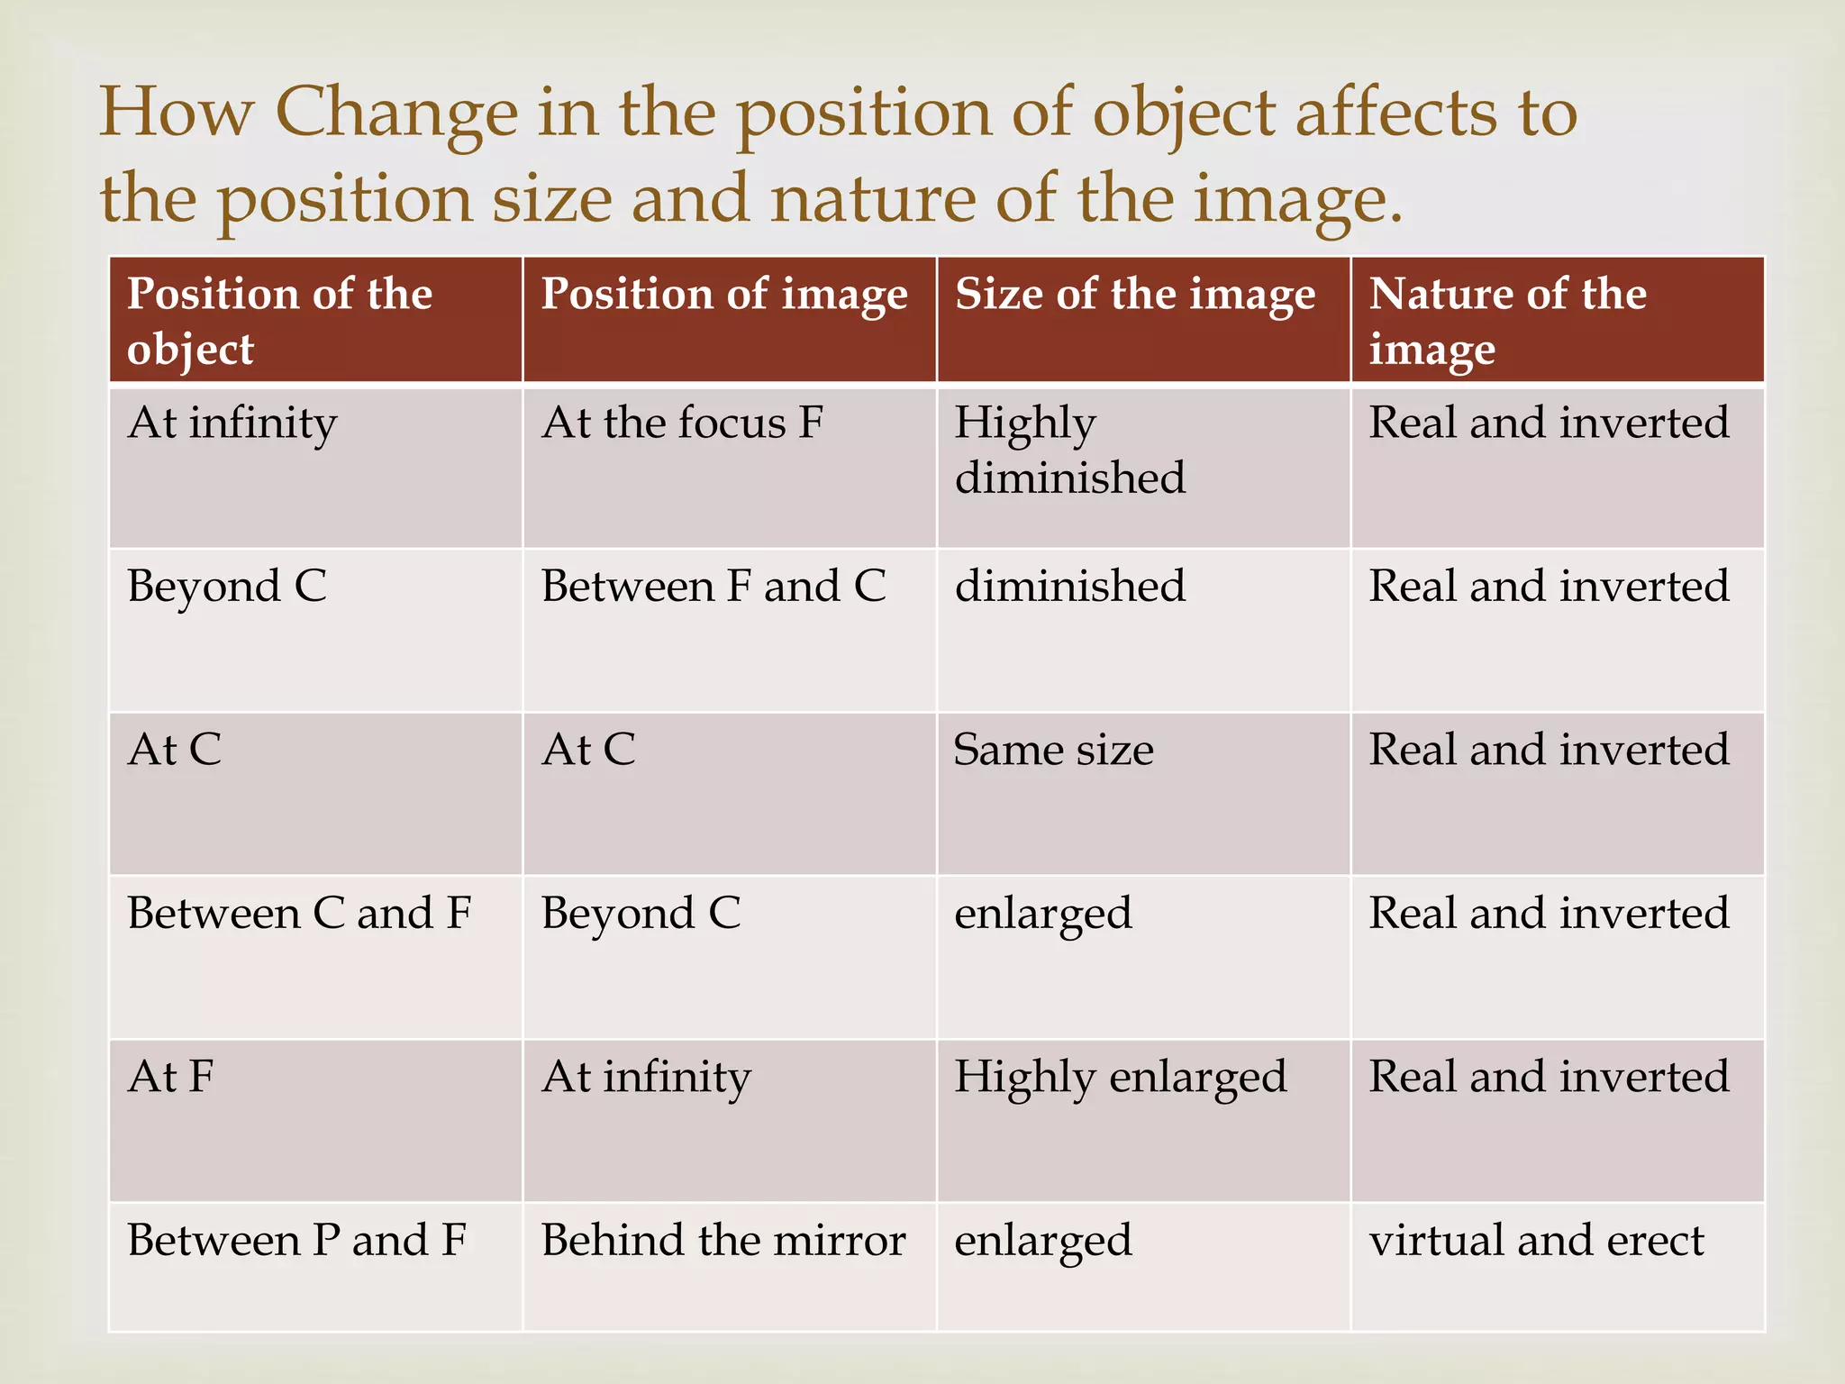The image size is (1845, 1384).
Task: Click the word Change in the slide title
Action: click(396, 114)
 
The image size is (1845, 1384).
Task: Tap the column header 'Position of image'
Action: click(724, 295)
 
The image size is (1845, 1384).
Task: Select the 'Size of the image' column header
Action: click(1135, 295)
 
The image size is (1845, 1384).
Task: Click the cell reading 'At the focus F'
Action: click(682, 423)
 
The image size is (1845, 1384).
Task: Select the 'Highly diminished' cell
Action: click(1069, 450)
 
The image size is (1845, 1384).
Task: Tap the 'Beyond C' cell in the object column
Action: click(227, 587)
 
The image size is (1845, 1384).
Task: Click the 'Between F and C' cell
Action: click(713, 587)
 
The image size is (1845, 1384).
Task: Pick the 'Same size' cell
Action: click(1053, 750)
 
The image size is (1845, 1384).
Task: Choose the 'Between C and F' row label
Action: click(299, 914)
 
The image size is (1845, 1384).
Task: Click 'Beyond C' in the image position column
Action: click(641, 914)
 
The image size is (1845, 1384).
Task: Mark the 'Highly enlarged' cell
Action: click(1120, 1077)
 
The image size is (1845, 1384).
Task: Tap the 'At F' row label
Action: click(171, 1077)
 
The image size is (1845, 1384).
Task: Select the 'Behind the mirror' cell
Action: click(723, 1241)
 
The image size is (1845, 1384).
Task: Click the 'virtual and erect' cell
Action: click(1536, 1241)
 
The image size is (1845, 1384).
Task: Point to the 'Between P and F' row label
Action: click(297, 1241)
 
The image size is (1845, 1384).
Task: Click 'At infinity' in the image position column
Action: click(646, 1077)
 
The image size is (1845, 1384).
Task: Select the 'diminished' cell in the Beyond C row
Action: click(1069, 587)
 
